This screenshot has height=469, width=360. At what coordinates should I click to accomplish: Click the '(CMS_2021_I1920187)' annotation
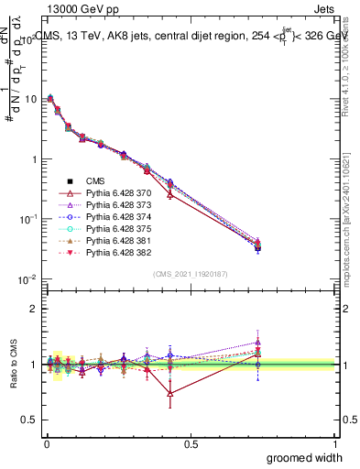(x=191, y=273)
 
